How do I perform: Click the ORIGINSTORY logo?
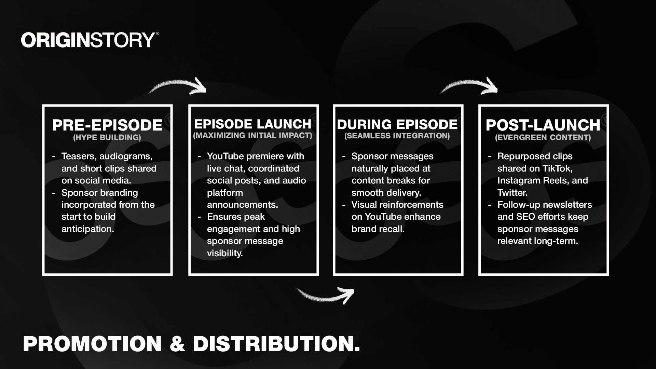pyautogui.click(x=90, y=40)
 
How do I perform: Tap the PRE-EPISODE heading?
pyautogui.click(x=107, y=125)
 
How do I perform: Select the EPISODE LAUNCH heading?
pyautogui.click(x=253, y=124)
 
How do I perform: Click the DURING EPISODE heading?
pyautogui.click(x=397, y=124)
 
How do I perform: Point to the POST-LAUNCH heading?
pyautogui.click(x=543, y=125)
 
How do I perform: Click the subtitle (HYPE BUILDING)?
pyautogui.click(x=107, y=137)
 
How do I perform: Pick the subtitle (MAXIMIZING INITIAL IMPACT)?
pyautogui.click(x=252, y=135)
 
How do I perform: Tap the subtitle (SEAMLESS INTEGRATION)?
pyautogui.click(x=397, y=136)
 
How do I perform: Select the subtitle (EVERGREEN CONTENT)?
pyautogui.click(x=543, y=137)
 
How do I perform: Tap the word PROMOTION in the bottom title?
pyautogui.click(x=92, y=344)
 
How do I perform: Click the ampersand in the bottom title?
pyautogui.click(x=177, y=344)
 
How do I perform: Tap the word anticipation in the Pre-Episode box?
pyautogui.click(x=88, y=229)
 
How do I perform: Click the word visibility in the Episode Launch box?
pyautogui.click(x=225, y=253)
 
